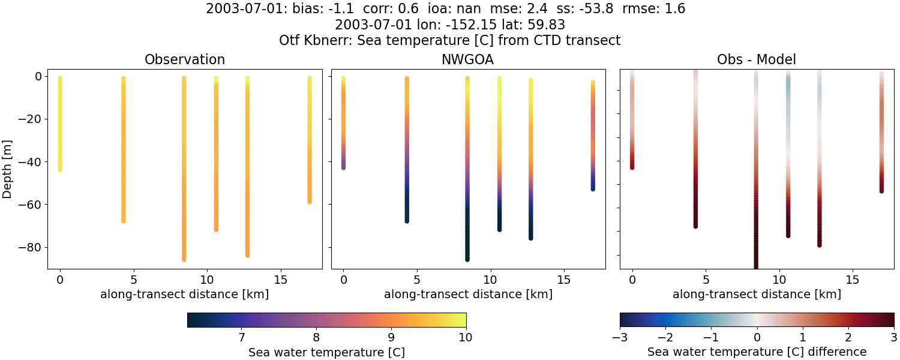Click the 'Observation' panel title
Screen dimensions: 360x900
coord(185,60)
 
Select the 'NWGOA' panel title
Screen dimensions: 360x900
coord(467,60)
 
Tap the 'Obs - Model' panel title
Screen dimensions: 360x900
coord(757,60)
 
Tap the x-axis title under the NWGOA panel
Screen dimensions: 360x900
coord(468,295)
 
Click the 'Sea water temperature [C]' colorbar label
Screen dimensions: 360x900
coord(326,353)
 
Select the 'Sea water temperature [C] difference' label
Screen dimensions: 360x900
coord(757,352)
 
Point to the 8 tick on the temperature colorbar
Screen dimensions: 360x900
coord(316,337)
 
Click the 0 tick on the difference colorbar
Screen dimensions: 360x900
coord(757,337)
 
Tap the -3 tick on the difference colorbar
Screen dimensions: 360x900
coord(620,337)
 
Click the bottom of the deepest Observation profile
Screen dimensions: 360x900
coord(184,259)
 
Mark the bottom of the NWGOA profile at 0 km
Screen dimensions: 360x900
coord(343,167)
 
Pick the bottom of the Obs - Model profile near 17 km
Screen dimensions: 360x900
coord(881,191)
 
